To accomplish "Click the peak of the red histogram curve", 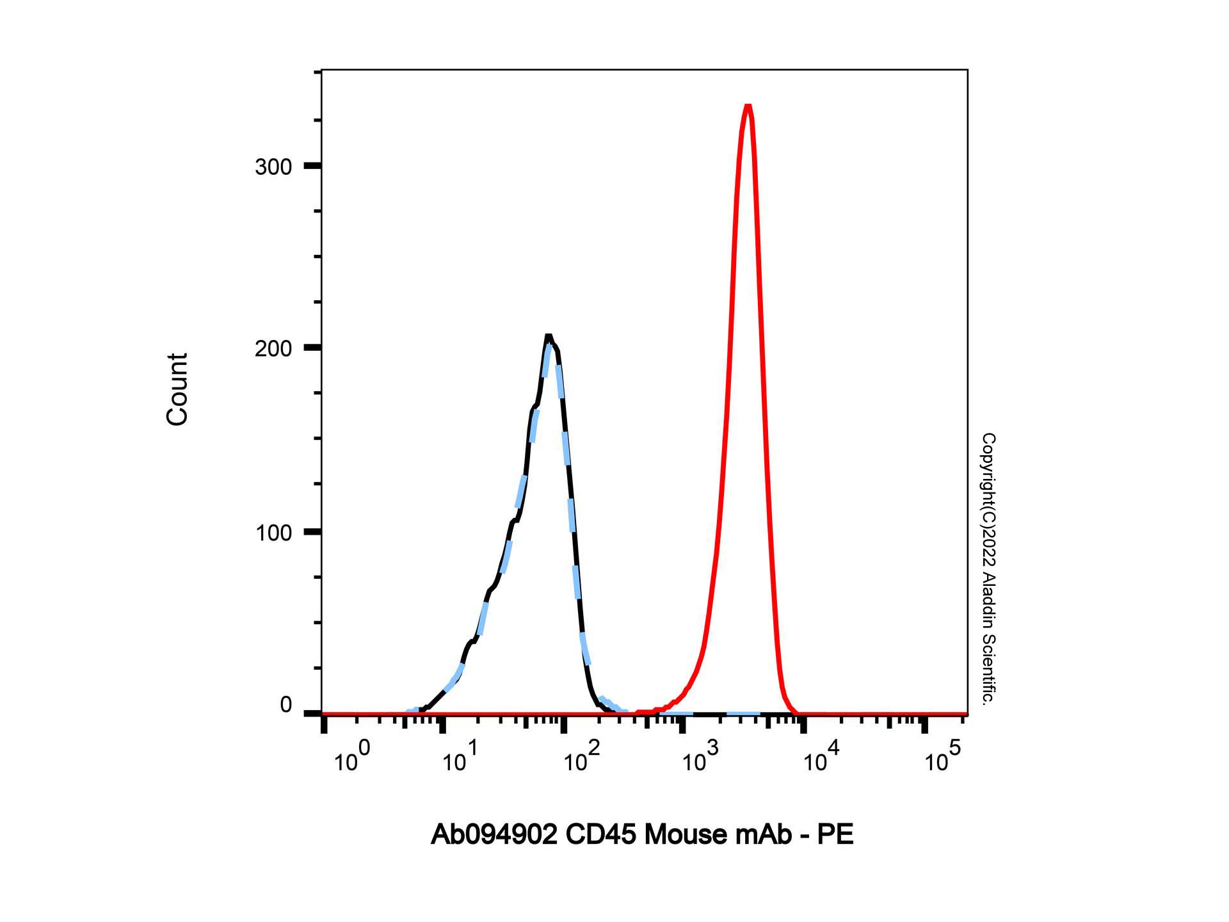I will (x=747, y=106).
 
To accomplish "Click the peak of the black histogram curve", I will (x=549, y=337).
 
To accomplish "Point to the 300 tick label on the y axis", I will (x=273, y=167).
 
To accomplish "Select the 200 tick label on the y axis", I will (x=273, y=349).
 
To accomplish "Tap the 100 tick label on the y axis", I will (x=273, y=533).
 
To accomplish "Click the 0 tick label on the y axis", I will (x=285, y=706).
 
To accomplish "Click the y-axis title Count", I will (x=177, y=389).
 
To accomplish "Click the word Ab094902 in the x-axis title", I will (x=494, y=835).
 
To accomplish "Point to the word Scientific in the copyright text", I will (x=988, y=669).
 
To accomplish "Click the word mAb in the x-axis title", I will (x=763, y=835).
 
